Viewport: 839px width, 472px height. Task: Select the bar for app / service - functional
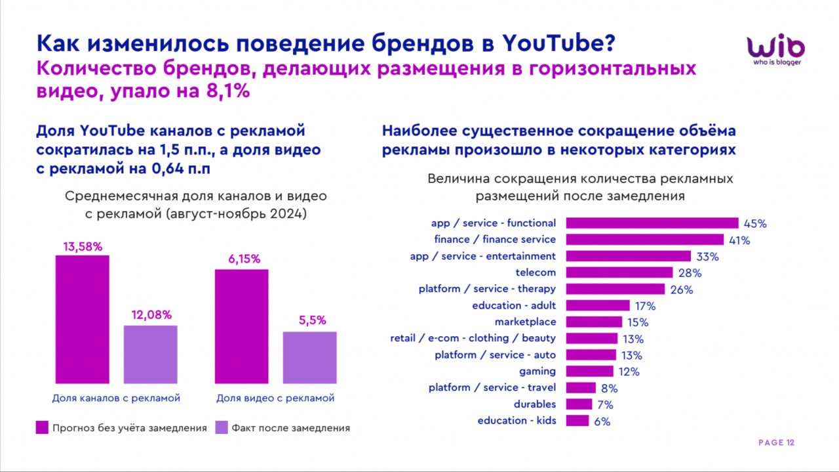[652, 223]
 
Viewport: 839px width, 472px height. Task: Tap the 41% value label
[739, 240]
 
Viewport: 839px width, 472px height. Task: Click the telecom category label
[536, 272]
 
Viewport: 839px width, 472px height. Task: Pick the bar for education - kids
[577, 421]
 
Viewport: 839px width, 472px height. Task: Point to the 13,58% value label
[83, 247]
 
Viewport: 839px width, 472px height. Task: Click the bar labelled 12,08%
[150, 354]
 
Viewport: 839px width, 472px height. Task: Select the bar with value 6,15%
[241, 326]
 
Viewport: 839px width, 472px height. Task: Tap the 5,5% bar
[309, 357]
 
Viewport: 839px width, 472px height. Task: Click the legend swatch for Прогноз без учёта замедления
[42, 428]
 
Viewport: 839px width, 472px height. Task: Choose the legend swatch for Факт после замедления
[222, 428]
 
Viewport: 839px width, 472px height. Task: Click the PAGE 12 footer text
[776, 443]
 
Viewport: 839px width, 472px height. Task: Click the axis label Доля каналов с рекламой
[116, 398]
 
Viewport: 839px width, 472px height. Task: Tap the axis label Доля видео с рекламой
[275, 398]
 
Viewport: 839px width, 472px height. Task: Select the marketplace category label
[525, 322]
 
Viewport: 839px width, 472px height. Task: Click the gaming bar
[589, 372]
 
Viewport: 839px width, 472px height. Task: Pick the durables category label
[534, 404]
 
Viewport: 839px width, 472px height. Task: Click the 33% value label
[707, 257]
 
